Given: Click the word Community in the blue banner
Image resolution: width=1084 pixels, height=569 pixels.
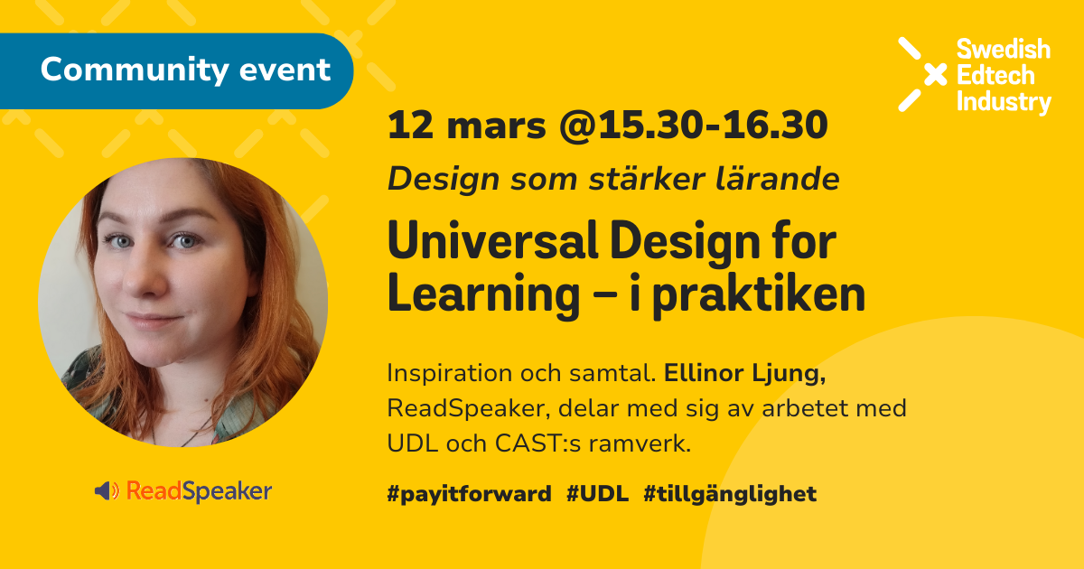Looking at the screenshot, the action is click(135, 71).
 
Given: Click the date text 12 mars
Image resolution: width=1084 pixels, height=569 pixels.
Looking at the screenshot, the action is click(467, 126).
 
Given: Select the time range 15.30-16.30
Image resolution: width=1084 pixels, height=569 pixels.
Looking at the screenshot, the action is click(713, 125).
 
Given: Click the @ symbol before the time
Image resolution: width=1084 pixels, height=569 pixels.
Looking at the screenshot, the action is click(578, 126).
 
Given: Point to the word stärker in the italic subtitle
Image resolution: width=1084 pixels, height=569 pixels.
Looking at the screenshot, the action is click(647, 179).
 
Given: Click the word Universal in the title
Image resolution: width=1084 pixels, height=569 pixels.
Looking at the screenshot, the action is click(493, 241).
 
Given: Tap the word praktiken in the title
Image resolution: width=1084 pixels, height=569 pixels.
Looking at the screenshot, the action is click(759, 294).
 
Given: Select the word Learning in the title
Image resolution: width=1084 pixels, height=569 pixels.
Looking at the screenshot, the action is click(483, 295).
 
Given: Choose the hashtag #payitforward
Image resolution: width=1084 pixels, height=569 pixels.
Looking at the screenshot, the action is click(469, 494).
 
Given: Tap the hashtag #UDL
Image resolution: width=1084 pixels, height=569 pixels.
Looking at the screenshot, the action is click(598, 493).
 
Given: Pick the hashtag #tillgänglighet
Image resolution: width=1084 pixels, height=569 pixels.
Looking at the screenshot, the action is click(730, 494).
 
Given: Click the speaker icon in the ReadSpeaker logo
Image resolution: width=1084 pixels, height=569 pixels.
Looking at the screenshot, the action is click(107, 491).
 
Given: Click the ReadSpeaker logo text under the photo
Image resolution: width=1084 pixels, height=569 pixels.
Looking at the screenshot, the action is click(199, 491).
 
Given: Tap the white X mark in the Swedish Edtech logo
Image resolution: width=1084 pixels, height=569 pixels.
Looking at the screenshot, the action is click(923, 74).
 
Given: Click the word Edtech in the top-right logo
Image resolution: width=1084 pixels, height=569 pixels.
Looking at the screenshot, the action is click(995, 76).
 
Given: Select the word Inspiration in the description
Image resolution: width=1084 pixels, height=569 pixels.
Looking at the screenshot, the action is click(450, 374).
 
